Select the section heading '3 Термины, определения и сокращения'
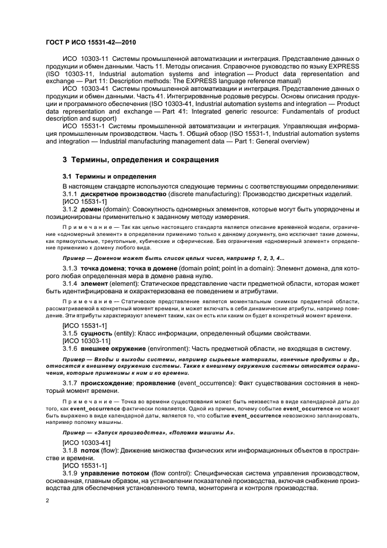point(132,159)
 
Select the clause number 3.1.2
point(70,209)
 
